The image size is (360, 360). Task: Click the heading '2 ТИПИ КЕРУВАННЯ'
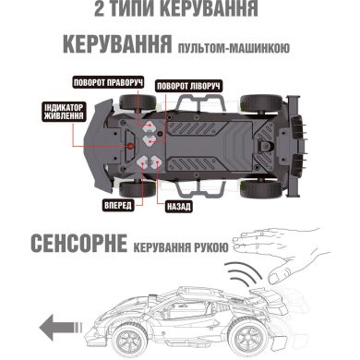[x=180, y=14]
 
